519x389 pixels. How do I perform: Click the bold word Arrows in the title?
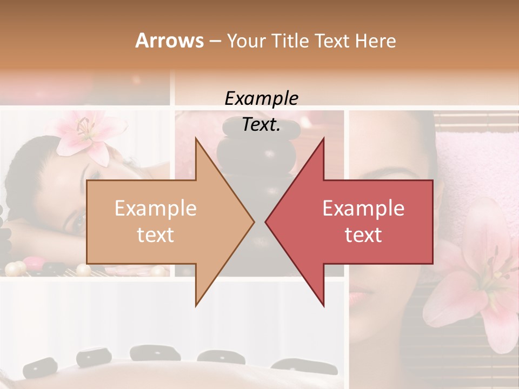pos(169,41)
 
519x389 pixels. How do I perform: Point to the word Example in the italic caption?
pos(261,98)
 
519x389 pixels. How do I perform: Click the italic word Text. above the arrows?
pos(261,125)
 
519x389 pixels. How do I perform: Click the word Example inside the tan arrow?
pos(155,209)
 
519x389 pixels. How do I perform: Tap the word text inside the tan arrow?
pos(155,235)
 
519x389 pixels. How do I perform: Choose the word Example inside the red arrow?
pos(363,209)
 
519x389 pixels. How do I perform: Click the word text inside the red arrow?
pos(363,235)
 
